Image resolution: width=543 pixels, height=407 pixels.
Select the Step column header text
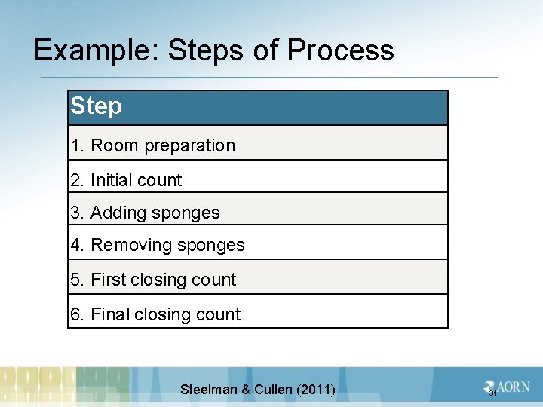[96, 106]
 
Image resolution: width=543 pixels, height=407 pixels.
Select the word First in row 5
[108, 280]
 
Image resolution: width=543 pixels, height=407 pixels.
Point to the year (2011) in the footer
[318, 390]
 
